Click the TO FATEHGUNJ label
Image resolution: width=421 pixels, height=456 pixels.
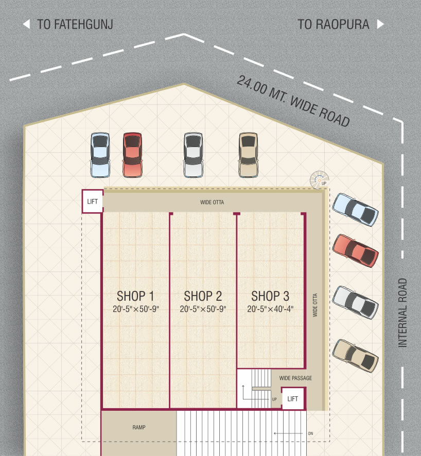pos(75,25)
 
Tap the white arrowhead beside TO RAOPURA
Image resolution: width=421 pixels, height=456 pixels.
pos(380,24)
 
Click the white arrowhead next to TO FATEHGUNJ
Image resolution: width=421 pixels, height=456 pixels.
pos(26,24)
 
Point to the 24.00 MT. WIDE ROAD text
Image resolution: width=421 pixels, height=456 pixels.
pos(293,101)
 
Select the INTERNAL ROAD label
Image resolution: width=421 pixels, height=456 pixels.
pos(402,313)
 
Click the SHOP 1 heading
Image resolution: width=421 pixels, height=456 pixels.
pos(135,296)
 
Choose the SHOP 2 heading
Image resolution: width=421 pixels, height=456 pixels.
pos(203,296)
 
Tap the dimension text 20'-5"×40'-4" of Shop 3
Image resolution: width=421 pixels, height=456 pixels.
pos(270,309)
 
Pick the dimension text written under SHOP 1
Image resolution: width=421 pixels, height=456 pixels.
pos(136,309)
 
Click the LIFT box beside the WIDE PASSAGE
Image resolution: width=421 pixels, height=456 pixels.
pos(293,398)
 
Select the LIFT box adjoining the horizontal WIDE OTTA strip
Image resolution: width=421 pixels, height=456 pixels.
pos(92,201)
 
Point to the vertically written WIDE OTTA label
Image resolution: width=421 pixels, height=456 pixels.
pos(315,305)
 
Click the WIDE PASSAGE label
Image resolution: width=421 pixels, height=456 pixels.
pos(295,378)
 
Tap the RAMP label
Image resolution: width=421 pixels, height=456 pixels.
pos(139,427)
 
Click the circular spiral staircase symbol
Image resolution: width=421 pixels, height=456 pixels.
pos(320,180)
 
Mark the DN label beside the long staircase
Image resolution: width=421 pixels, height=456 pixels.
pos(311,433)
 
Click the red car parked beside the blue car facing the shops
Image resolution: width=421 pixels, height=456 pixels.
pos(132,155)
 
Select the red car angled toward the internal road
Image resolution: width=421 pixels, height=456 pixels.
pos(355,251)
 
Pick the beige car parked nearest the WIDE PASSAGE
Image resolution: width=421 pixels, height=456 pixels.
pos(355,356)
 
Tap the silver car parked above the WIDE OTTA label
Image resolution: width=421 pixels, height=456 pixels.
pos(194,155)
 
